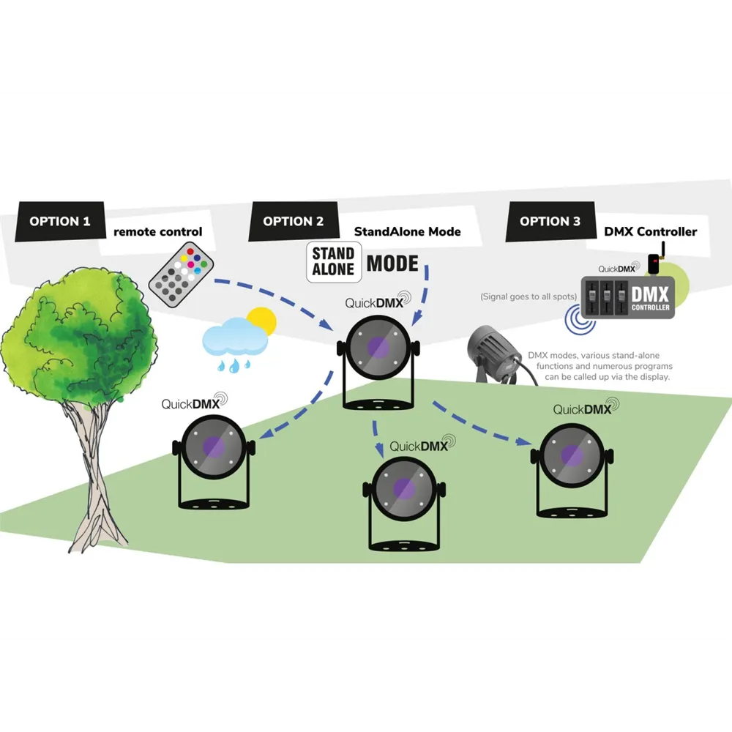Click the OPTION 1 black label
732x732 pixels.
coord(60,221)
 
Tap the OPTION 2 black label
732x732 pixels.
coord(293,221)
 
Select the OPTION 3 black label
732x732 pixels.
coord(550,221)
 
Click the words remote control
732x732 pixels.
coord(157,232)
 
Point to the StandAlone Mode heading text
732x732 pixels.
coord(407,232)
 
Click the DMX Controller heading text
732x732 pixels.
coord(650,232)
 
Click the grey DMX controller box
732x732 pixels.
coord(627,297)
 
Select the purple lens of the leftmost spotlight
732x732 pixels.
coord(214,445)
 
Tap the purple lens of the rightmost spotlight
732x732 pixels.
coord(572,454)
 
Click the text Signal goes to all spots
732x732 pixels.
coord(529,296)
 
